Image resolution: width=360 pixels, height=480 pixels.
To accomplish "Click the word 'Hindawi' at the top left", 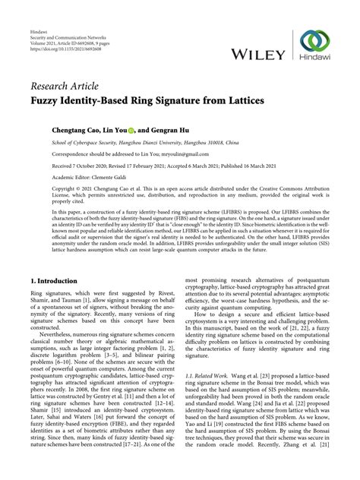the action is (x=37, y=17).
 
